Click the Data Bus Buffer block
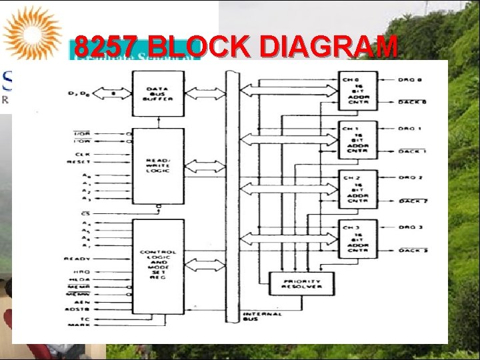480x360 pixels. [158, 93]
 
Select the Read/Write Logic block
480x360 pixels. [158, 165]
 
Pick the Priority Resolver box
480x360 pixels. [301, 283]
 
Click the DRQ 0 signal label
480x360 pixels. [411, 80]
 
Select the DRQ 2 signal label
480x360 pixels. [411, 178]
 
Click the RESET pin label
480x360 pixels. [79, 162]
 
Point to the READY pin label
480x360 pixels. [77, 259]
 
